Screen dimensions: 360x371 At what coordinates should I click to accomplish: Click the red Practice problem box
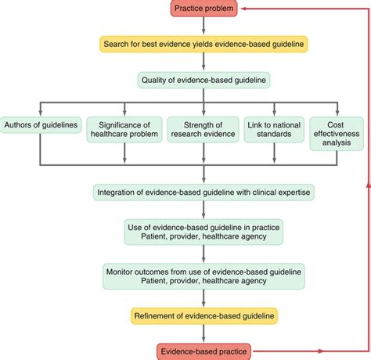204,9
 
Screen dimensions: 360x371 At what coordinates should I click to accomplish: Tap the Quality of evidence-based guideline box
204,79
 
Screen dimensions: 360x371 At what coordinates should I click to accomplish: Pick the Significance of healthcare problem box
122,129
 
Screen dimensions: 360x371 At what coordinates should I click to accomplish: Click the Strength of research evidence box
204,129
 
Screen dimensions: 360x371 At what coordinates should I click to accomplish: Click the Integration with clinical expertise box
204,192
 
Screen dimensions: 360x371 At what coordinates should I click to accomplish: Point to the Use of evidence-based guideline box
204,232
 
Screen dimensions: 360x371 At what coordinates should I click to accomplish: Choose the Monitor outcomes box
204,275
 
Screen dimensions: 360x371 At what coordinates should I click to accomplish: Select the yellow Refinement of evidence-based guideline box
204,316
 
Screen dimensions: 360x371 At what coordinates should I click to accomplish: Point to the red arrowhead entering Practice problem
246,9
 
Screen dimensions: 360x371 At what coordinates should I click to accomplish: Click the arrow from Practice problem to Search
204,27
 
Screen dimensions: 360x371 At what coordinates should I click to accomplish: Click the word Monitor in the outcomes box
121,270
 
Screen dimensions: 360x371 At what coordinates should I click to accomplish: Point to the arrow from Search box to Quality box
204,62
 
